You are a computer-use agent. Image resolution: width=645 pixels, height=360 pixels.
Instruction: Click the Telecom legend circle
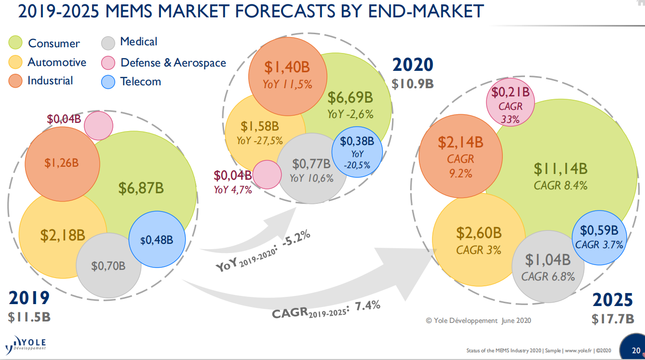(108, 82)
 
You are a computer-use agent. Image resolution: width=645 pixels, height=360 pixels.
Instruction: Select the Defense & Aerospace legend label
(174, 63)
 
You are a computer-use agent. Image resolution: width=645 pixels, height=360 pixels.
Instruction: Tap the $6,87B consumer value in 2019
(141, 188)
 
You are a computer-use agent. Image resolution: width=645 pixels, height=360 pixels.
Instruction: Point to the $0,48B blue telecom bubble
(157, 240)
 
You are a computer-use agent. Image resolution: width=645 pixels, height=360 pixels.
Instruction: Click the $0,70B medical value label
(108, 266)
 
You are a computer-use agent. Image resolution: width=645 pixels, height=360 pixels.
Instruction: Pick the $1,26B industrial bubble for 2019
(62, 164)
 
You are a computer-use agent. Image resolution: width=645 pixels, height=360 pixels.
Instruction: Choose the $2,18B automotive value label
(63, 235)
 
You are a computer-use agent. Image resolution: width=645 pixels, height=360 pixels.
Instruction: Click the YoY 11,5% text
(287, 85)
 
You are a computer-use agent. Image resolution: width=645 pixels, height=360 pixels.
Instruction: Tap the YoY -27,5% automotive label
(260, 141)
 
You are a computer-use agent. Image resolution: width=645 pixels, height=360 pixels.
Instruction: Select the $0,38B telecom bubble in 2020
(357, 152)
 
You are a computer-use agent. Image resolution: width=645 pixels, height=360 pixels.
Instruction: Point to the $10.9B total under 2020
(413, 84)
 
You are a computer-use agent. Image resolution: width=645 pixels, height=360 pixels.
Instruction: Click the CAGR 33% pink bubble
(510, 102)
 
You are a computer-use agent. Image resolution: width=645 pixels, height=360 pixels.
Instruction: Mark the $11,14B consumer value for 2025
(561, 169)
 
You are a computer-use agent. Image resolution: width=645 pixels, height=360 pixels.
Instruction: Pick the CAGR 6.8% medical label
(548, 277)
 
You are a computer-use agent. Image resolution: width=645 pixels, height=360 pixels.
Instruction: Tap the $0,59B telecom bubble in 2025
(599, 238)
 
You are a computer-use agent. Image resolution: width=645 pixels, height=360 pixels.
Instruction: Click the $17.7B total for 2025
(613, 319)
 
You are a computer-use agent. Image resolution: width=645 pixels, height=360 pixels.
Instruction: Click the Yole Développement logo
(26, 345)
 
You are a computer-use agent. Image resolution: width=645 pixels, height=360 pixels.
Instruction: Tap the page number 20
(636, 350)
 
